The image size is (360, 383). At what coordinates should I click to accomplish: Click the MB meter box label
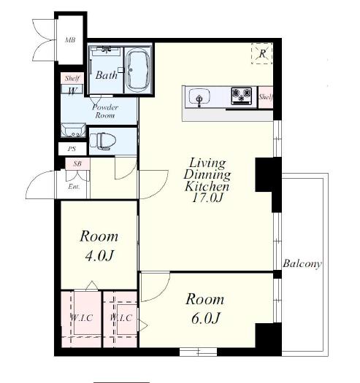[70, 39]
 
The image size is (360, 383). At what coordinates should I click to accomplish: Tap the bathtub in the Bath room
[139, 70]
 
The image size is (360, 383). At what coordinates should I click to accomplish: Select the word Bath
[107, 75]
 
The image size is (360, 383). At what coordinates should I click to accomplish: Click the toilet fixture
[103, 142]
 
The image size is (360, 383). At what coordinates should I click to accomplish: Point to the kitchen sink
[199, 97]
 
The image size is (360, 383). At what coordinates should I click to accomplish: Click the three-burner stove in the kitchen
[242, 96]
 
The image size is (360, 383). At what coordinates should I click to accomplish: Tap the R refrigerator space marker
[262, 53]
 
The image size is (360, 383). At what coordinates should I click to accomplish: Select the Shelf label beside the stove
[266, 97]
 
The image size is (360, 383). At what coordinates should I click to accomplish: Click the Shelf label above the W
[72, 78]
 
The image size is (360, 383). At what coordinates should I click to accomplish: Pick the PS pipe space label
[72, 149]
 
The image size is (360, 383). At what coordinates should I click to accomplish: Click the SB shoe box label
[77, 163]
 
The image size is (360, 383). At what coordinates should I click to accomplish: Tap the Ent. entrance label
[74, 187]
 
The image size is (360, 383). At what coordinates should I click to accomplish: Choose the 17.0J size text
[207, 198]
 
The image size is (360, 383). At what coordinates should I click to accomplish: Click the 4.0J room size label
[99, 256]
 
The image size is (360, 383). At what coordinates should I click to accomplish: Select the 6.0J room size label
[205, 318]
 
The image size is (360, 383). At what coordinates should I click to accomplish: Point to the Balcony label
[302, 264]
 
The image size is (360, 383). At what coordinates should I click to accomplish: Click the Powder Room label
[105, 111]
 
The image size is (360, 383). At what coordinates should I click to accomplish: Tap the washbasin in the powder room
[73, 130]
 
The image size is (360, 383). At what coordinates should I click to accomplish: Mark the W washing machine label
[72, 91]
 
